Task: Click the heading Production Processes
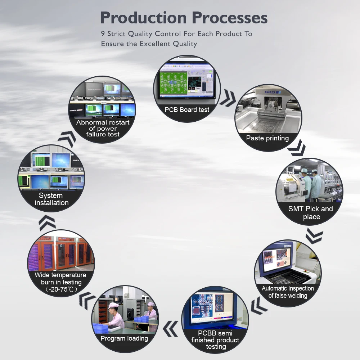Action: tap(184, 18)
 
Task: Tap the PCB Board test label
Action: tap(187, 110)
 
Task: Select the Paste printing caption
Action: tap(267, 138)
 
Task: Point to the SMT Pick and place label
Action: tap(311, 213)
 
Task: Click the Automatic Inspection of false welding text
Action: tap(288, 292)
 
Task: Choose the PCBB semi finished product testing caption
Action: tap(215, 340)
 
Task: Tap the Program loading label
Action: tap(124, 338)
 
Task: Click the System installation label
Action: tap(51, 199)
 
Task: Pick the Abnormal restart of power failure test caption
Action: tap(103, 129)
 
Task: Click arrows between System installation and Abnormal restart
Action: tap(67, 139)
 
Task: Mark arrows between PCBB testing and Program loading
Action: tap(170, 329)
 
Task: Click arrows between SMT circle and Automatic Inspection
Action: tap(314, 235)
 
